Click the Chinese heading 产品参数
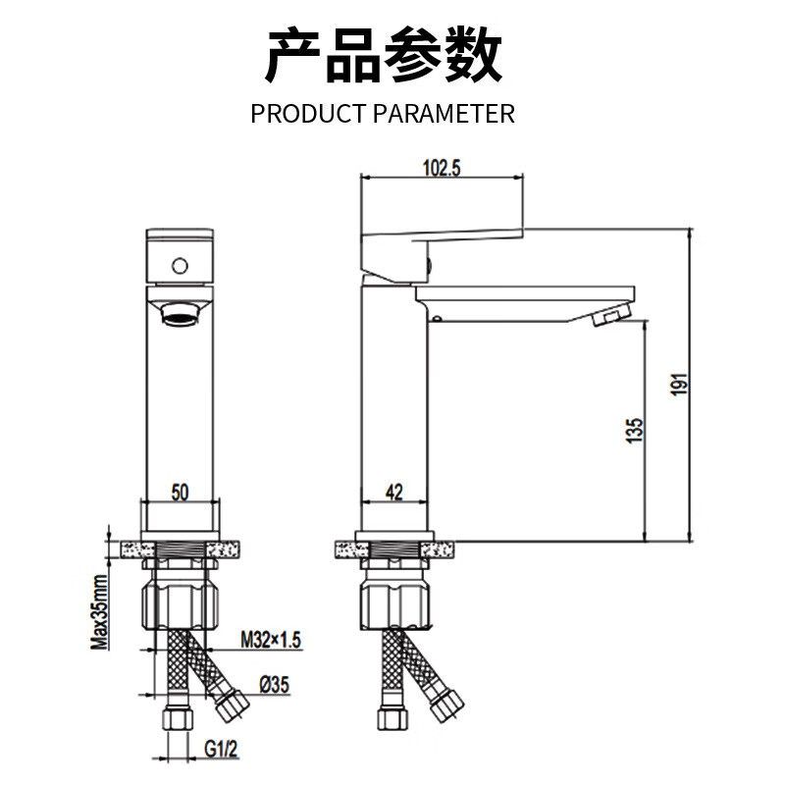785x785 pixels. (385, 56)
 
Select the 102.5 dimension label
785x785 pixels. (442, 167)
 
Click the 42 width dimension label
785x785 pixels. (394, 494)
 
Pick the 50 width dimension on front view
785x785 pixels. (180, 494)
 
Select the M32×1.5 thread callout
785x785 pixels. (271, 641)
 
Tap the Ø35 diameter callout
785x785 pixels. (275, 685)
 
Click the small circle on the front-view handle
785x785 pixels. (180, 265)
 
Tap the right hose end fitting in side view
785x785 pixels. (445, 705)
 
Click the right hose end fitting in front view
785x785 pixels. (232, 705)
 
